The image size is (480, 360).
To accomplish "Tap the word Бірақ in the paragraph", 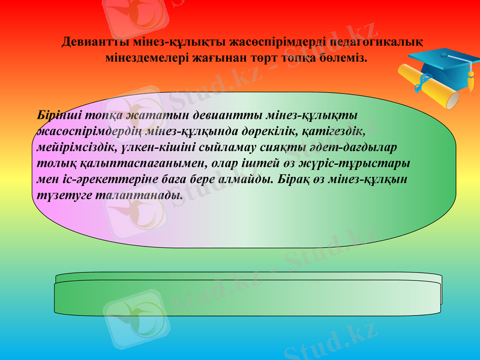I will (298, 179).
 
